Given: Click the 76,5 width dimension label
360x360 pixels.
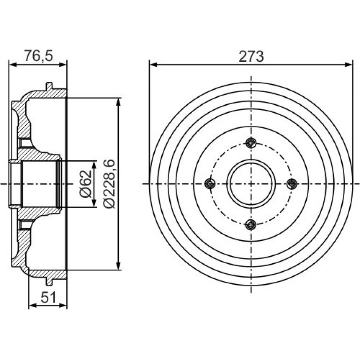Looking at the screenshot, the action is click(x=39, y=56).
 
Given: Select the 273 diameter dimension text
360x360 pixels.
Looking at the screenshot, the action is click(x=251, y=57).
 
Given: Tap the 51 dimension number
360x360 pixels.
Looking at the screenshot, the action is click(x=48, y=297).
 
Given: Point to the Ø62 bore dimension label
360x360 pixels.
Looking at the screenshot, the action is click(x=86, y=184).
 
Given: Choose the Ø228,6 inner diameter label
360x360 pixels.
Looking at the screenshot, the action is click(x=109, y=184).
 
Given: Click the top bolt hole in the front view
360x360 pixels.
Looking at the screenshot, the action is click(x=251, y=143).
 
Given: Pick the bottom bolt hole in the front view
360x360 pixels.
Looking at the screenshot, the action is click(x=251, y=224).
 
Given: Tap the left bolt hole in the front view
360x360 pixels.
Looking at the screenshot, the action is click(x=210, y=184).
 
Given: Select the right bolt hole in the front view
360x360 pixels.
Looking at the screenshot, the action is click(x=292, y=184).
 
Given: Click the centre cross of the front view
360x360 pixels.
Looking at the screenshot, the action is click(x=251, y=184).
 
